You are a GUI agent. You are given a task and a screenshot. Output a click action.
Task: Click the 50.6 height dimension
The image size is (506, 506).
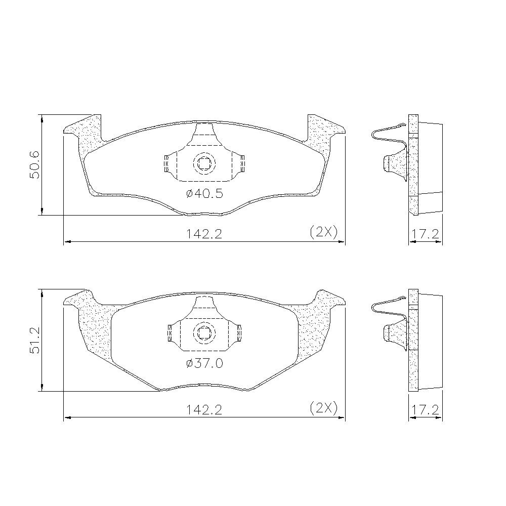tap(34, 164)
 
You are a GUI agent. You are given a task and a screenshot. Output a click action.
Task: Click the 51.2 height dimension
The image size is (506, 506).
tap(34, 340)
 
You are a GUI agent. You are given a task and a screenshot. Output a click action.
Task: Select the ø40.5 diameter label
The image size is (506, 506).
tap(204, 194)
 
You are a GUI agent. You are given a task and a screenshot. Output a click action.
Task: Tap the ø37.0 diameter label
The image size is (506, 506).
tap(204, 363)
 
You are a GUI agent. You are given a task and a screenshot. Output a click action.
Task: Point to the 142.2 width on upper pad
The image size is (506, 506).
tap(204, 234)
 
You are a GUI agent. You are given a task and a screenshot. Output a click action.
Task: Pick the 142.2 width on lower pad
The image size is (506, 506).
tap(204, 410)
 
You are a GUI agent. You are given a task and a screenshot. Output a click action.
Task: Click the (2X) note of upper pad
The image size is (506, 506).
tap(323, 232)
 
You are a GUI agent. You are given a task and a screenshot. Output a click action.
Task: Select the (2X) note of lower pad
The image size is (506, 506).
tap(323, 408)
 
